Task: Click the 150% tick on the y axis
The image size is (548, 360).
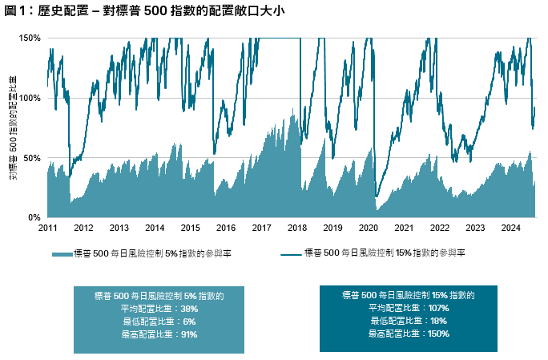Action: (x=30, y=38)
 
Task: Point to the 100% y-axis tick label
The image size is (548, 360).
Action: (x=30, y=98)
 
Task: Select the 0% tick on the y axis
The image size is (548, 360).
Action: (x=35, y=217)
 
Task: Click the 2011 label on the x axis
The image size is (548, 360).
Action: (x=47, y=228)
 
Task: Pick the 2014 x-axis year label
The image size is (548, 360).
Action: (x=155, y=228)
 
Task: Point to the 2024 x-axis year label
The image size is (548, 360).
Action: (x=511, y=228)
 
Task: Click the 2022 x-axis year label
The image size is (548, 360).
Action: (x=439, y=228)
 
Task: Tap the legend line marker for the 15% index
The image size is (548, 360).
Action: (x=291, y=253)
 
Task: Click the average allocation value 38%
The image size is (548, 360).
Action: (x=188, y=308)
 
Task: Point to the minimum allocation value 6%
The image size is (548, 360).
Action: (x=188, y=321)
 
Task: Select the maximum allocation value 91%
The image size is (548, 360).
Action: (x=188, y=334)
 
